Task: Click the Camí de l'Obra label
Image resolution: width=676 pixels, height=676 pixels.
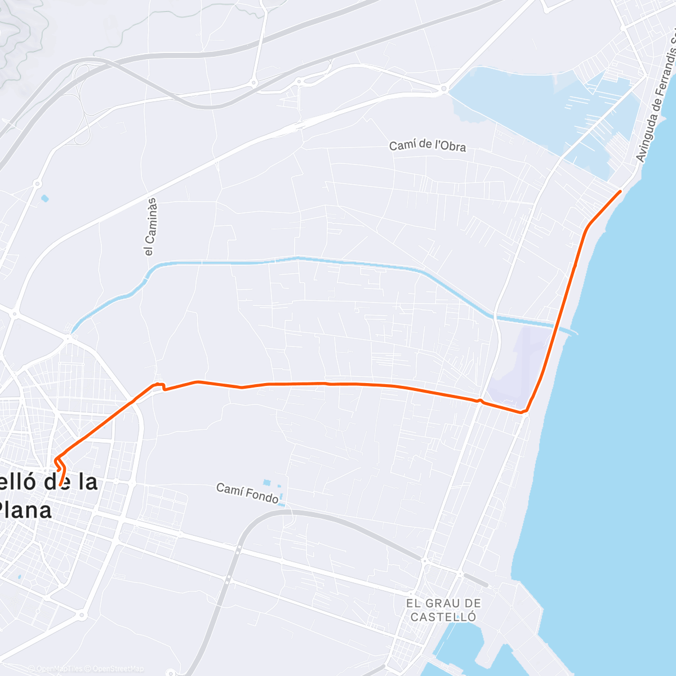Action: coord(428,145)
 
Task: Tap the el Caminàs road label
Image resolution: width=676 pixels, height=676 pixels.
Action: coord(150,227)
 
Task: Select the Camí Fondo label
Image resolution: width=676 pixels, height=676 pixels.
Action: coord(247,493)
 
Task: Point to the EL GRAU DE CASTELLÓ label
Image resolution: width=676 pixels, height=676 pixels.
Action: coord(443,610)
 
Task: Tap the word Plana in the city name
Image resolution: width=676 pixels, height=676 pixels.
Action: coord(25,510)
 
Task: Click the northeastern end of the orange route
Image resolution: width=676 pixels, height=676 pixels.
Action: coord(620,192)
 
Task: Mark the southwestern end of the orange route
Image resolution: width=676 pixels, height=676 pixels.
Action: coord(60,484)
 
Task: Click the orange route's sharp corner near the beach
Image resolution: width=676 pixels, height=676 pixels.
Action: coord(524,412)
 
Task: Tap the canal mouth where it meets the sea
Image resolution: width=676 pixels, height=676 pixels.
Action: coord(572,331)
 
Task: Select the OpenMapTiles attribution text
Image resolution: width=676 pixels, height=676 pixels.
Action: coord(57,669)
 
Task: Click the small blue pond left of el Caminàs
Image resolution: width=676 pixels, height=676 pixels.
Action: coord(45,198)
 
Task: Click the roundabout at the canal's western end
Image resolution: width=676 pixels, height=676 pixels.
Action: coord(69,339)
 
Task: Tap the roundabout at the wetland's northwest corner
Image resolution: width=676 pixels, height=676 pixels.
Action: coord(444,88)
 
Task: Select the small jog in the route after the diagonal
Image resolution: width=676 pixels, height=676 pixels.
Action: coord(160,386)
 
